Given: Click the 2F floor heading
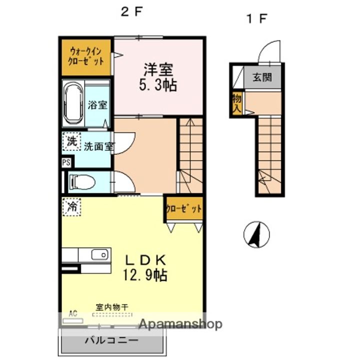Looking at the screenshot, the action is point(131,11).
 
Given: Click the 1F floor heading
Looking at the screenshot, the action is point(256,18).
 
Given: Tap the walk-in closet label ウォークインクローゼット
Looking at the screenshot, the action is point(86,56).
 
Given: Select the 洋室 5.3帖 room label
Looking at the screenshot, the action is point(158,77).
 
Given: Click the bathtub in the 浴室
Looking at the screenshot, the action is point(73,103).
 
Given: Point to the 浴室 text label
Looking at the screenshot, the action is point(97,105).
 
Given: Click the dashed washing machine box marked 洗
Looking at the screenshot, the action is point(71,141).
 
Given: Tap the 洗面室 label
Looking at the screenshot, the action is point(99,146).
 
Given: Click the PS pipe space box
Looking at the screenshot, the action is point(66,162).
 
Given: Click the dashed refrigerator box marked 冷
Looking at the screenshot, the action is point(72,207).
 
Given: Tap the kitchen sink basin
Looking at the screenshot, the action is point(100,255).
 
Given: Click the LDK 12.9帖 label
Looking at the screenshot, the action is point(145,267).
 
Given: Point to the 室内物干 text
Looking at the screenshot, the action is point(112,307).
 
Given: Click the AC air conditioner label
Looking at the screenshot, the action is point(73,313).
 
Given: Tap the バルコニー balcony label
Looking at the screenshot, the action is point(112,340).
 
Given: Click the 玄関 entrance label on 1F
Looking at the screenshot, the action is point(262,77).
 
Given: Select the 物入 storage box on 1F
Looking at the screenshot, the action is point(237,103).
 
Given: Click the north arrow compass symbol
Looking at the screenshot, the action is point(256,234).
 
